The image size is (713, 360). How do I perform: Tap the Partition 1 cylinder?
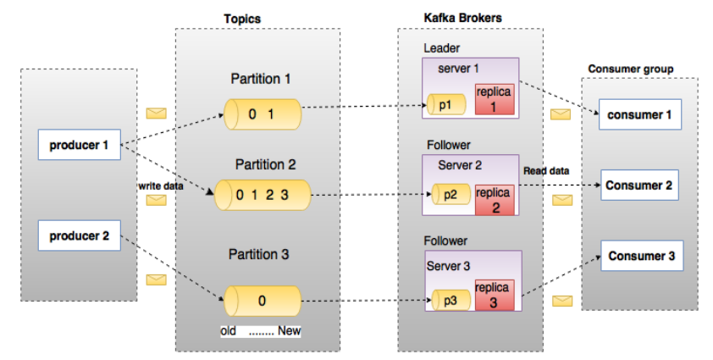pos(263,113)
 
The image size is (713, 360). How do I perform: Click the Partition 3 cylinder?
pos(263,300)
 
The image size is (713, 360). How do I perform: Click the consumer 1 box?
pos(640,114)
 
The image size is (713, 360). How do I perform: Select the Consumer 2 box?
pos(640,186)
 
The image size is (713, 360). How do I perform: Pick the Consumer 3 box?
pos(640,256)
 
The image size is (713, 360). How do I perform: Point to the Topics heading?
pos(242,18)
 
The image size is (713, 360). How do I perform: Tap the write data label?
pos(161,186)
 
